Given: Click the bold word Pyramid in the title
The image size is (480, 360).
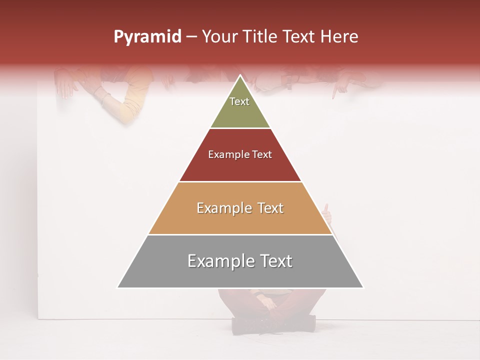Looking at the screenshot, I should click(147, 37).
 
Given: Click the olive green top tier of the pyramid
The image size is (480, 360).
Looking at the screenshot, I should click(240, 112).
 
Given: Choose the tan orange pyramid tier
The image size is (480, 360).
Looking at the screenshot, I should click(240, 220).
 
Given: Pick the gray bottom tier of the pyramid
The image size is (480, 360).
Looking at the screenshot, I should click(240, 272).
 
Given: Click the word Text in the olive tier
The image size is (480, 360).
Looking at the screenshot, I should click(239, 101).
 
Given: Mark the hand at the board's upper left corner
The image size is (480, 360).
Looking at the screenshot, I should click(65, 83).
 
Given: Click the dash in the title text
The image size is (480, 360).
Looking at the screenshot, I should click(191, 37).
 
